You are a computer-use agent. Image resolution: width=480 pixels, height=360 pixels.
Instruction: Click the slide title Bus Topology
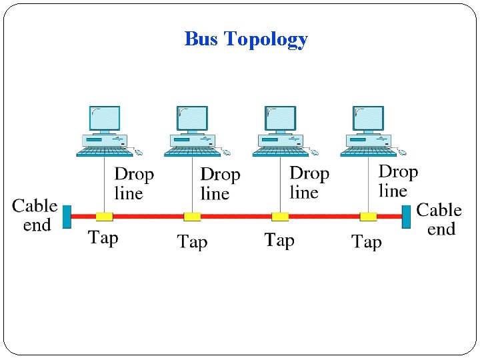(246, 39)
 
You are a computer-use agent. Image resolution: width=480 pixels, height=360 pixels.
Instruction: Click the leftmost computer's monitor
(105, 119)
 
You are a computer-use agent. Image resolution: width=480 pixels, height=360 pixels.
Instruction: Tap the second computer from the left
(192, 131)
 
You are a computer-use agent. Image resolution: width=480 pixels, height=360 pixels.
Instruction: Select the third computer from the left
(280, 131)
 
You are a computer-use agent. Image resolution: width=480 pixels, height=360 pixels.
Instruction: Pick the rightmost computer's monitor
(369, 119)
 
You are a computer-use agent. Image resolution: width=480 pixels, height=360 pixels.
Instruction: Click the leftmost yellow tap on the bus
(104, 217)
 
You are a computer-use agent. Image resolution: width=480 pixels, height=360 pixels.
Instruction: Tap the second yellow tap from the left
(192, 217)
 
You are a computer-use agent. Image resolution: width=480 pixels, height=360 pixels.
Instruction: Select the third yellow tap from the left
(280, 217)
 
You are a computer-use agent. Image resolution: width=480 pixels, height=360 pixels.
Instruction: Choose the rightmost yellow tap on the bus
(368, 217)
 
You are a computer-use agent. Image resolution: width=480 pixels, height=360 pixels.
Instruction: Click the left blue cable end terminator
(67, 217)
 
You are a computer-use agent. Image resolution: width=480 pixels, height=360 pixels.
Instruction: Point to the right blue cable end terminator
(406, 217)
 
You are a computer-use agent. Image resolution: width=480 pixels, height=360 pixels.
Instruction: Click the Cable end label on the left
(35, 215)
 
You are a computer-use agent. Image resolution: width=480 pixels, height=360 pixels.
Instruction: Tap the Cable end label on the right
(439, 219)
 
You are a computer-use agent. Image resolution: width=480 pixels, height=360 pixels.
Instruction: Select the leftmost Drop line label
(134, 184)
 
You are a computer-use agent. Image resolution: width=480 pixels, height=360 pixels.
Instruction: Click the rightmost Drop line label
(398, 181)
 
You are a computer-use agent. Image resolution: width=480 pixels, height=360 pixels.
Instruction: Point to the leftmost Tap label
(103, 237)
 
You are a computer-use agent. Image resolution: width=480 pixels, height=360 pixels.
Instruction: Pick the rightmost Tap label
(367, 241)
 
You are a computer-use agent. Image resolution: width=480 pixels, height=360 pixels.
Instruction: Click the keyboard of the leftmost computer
(100, 153)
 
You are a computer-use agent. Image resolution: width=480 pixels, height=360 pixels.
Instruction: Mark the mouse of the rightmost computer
(402, 153)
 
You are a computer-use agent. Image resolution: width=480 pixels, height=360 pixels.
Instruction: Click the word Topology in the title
(266, 39)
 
